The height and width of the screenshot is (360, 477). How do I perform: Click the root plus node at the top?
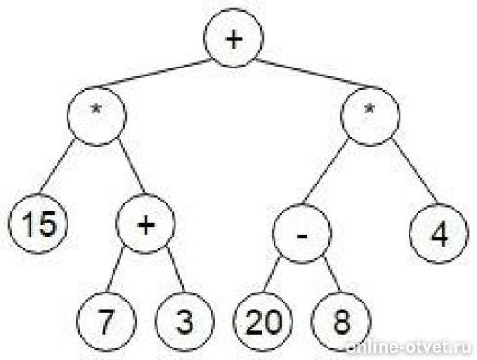click(x=233, y=38)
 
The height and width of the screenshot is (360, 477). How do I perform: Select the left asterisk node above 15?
click(x=96, y=116)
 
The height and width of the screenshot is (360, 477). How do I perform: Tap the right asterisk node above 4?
click(x=370, y=116)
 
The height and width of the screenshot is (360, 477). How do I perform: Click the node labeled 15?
click(x=38, y=224)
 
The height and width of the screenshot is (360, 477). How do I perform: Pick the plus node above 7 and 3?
click(x=146, y=224)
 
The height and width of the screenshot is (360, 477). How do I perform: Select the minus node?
click(x=301, y=233)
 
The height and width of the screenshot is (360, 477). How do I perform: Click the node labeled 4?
click(x=438, y=233)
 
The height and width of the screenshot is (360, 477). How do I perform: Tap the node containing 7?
click(x=106, y=321)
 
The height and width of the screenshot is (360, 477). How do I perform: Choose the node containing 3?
click(x=184, y=321)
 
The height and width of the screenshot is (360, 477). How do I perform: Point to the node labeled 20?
click(x=263, y=321)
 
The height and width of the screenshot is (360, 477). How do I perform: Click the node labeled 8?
click(x=341, y=321)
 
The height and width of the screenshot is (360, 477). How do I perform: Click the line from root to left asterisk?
click(x=148, y=74)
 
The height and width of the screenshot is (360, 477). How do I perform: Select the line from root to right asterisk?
click(x=319, y=74)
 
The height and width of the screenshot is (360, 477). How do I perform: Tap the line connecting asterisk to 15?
click(x=57, y=166)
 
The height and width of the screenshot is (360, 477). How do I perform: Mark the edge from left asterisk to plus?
click(x=131, y=166)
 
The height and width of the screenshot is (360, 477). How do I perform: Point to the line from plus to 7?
click(x=115, y=270)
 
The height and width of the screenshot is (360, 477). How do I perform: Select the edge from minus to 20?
click(x=272, y=274)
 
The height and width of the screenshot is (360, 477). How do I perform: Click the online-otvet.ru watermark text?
click(x=409, y=346)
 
